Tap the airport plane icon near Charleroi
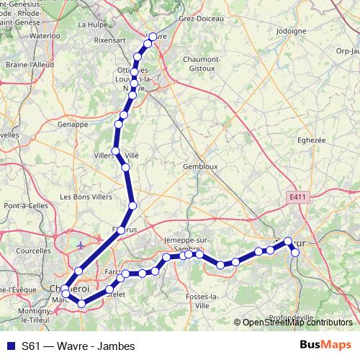click(x=81, y=245)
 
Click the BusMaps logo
click(x=325, y=346)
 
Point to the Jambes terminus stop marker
click(x=294, y=252)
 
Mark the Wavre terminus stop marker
click(x=153, y=37)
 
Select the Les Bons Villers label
click(x=85, y=197)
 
